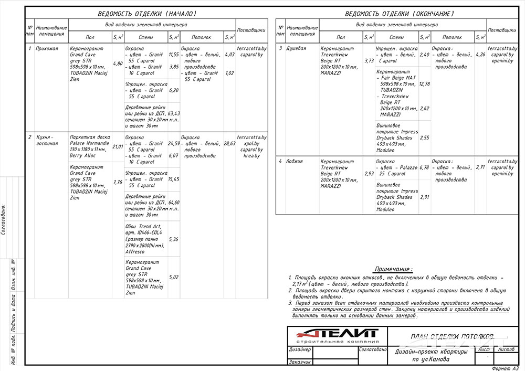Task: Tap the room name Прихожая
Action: point(46,48)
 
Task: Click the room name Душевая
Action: point(295,48)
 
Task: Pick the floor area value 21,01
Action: point(118,146)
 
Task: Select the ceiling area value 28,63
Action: point(229,143)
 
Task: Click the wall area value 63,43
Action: point(174,113)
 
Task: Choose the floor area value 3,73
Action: point(369,61)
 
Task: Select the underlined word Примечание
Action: point(400,269)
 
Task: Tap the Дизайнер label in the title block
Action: point(300,349)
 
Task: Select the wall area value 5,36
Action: point(174,239)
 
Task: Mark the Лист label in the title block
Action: point(484,349)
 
